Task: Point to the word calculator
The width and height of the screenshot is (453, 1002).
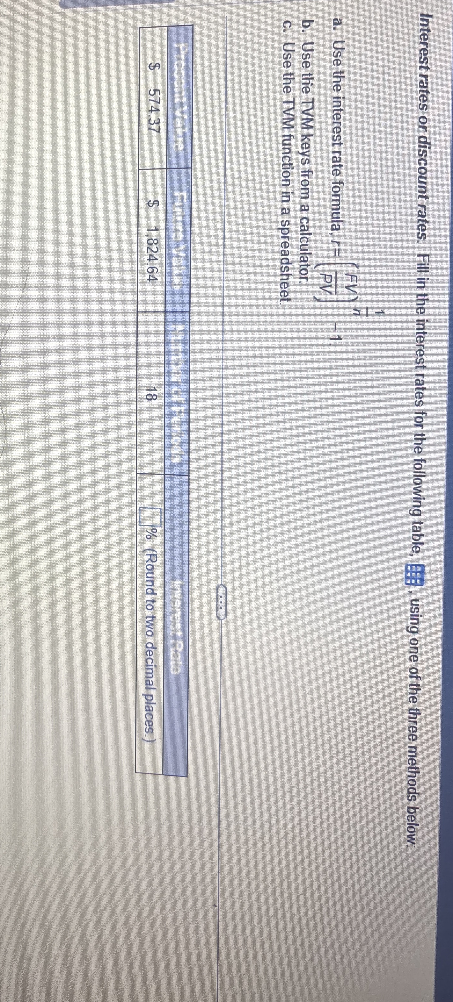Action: pos(305,239)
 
